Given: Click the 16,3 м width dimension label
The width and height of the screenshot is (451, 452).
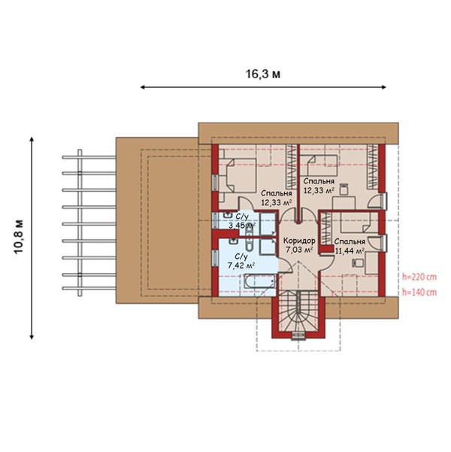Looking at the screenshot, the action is (263, 74).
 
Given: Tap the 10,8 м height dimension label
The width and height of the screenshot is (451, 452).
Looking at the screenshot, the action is (19, 237).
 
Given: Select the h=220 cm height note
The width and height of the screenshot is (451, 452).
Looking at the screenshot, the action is (419, 277).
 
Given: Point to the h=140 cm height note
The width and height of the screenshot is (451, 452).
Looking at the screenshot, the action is (419, 293).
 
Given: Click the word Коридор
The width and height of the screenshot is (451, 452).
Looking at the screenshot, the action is (299, 241).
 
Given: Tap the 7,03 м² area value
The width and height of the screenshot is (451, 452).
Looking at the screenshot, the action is (299, 250).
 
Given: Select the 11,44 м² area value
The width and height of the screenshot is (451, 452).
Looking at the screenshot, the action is (350, 250).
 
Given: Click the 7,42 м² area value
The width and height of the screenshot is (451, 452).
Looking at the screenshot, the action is (241, 265).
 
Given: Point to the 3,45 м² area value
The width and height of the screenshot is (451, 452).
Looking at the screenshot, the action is (242, 225).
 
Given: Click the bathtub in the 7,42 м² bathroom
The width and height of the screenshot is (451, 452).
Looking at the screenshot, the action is (259, 281).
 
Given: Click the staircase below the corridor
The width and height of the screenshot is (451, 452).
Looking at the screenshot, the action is (298, 311).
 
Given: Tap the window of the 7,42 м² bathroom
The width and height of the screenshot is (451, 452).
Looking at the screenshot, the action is (215, 257).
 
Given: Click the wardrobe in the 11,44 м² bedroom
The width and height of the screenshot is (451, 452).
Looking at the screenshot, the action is (326, 228).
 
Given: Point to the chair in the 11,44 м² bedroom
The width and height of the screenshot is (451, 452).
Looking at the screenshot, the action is (357, 262).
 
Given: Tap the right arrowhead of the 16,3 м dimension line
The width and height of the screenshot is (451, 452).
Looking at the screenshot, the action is (384, 87).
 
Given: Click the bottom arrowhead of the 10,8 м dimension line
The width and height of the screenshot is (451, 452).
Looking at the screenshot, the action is (32, 337).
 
